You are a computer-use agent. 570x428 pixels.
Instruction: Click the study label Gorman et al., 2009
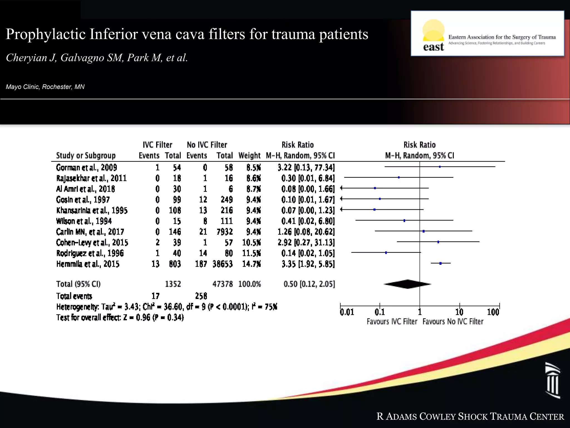click(x=86, y=167)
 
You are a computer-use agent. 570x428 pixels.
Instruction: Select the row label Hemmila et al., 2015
click(x=88, y=264)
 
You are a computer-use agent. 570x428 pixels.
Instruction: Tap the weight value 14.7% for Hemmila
click(x=251, y=264)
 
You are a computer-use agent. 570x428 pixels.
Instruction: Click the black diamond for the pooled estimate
click(x=407, y=284)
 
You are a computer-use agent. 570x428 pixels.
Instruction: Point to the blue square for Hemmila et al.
click(x=440, y=263)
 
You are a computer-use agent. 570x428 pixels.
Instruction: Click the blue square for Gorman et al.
click(x=440, y=167)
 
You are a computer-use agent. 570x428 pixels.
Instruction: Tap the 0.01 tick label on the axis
click(x=347, y=312)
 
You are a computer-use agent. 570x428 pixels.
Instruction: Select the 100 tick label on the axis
click(x=493, y=312)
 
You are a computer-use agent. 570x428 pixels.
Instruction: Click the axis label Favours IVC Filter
click(x=392, y=322)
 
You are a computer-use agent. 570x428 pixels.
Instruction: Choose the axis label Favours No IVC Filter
click(x=453, y=322)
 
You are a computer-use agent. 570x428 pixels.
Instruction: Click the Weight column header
click(x=249, y=155)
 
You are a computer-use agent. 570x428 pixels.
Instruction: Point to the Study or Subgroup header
click(x=86, y=155)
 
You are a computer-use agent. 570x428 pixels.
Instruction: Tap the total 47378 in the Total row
click(x=222, y=284)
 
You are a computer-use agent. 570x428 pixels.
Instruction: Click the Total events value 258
click(x=201, y=296)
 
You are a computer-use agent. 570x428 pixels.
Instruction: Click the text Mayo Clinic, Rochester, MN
click(x=45, y=87)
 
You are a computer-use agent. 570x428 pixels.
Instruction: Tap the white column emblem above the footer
click(x=553, y=380)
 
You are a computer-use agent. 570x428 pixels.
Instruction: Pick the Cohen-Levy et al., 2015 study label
click(x=92, y=242)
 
